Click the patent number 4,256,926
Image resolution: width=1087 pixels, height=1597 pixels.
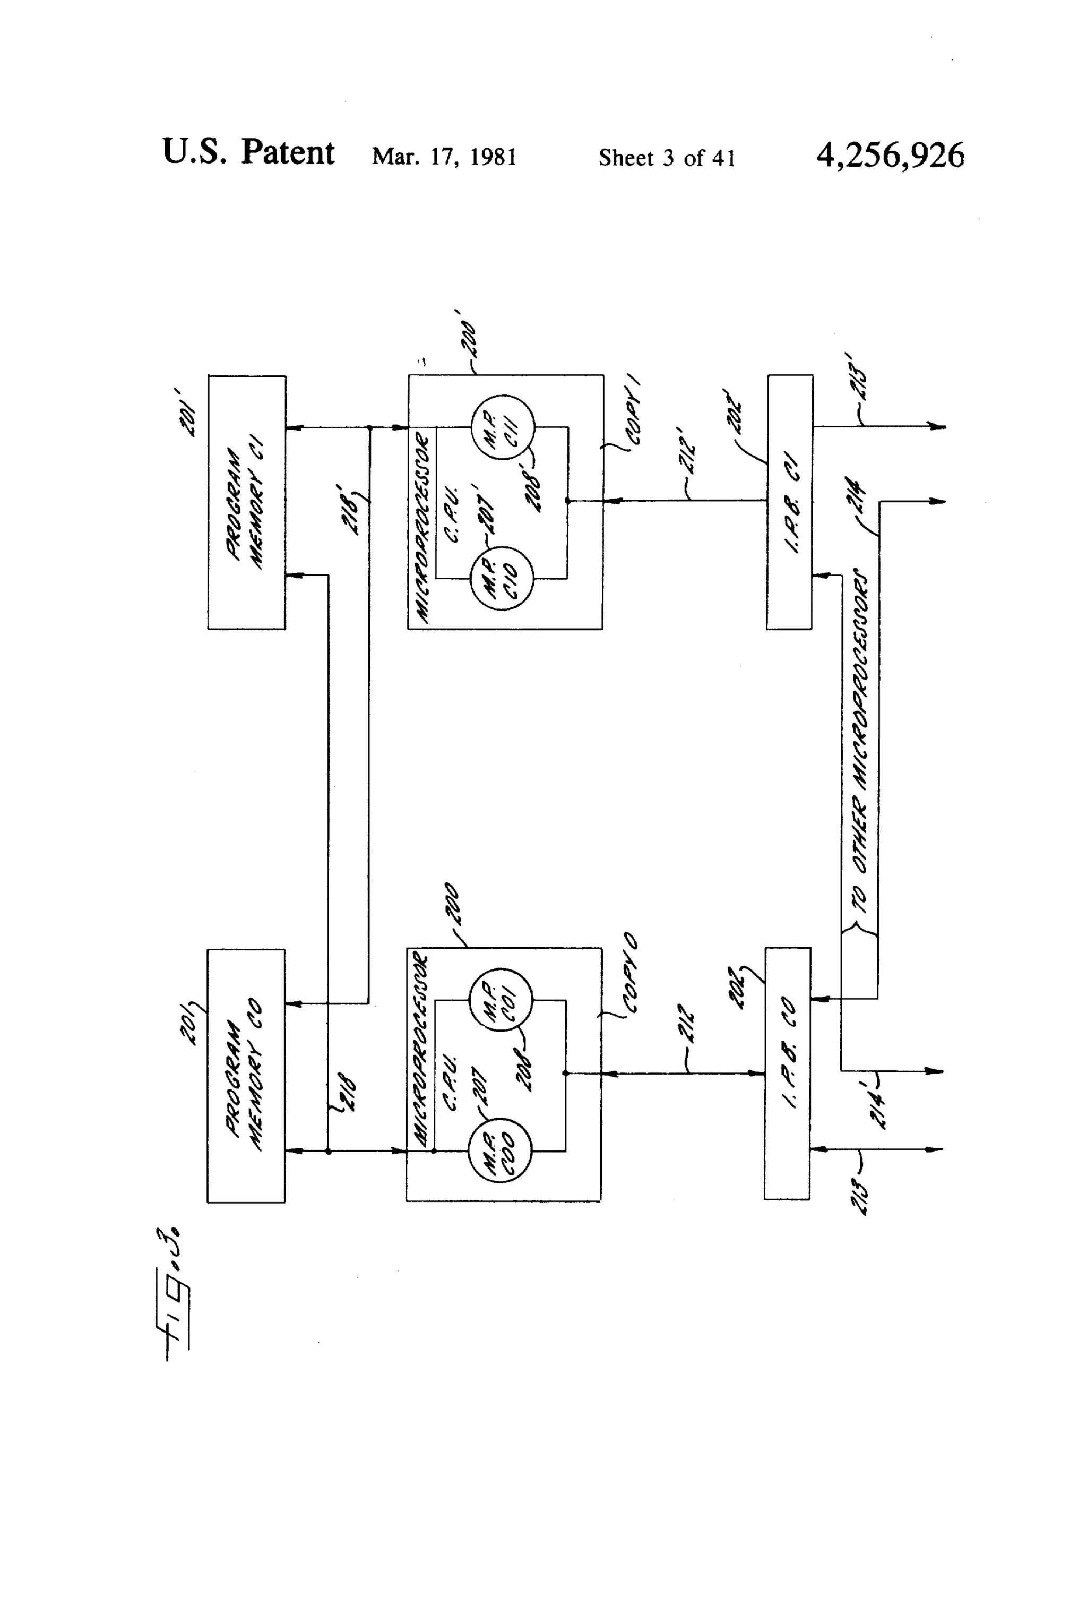coord(890,156)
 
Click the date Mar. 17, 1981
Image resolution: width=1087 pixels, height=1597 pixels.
coord(444,157)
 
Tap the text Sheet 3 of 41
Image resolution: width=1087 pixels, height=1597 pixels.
coord(667,159)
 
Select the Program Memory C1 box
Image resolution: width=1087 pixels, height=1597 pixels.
coord(247,502)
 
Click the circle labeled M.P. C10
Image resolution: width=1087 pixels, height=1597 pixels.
coord(502,579)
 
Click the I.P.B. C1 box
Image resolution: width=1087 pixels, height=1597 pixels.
coord(789,502)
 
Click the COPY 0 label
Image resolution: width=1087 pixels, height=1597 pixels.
coord(631,972)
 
